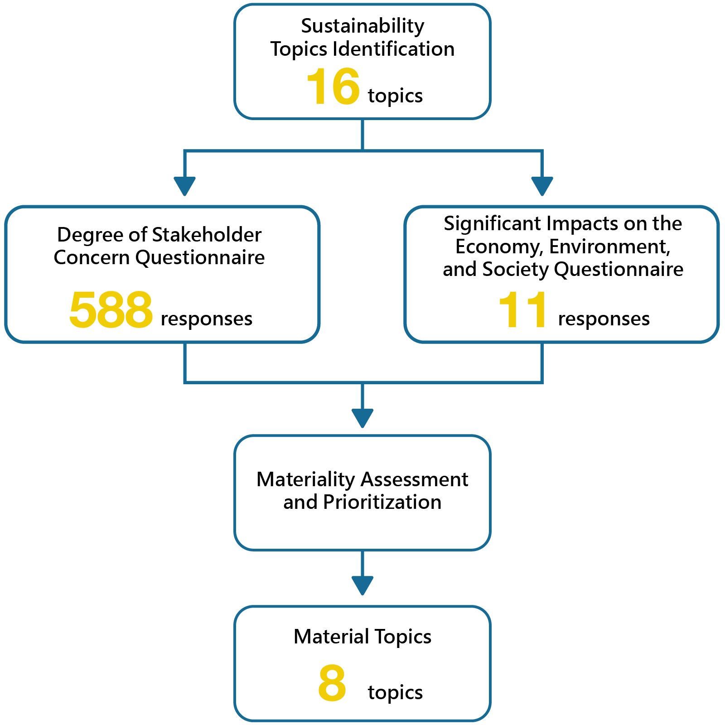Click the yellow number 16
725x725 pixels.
333,87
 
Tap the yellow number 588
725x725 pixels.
111,310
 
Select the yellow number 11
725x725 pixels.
522,310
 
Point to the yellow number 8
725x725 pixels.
332,683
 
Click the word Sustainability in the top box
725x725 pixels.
362,26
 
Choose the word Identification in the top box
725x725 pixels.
393,49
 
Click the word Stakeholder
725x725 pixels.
207,235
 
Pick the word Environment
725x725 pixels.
609,246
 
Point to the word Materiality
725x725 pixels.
306,479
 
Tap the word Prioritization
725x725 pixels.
382,502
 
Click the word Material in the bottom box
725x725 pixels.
331,637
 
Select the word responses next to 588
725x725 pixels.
207,319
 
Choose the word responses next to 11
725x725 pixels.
604,319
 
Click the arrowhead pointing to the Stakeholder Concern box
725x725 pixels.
184,185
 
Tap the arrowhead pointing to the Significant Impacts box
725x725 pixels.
542,185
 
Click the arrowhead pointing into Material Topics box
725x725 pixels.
362,585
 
